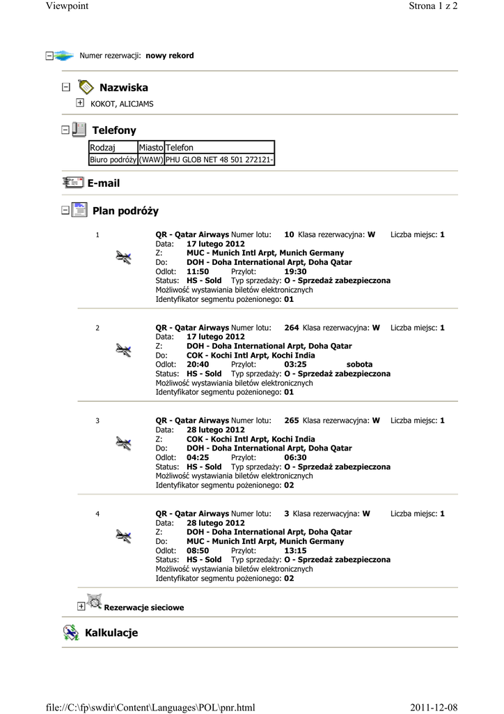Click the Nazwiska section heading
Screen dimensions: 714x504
click(x=123, y=88)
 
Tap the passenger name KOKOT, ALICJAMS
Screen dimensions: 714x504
click(x=122, y=104)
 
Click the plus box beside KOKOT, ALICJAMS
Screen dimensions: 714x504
click(x=80, y=103)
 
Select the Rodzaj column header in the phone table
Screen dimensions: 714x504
click(x=103, y=147)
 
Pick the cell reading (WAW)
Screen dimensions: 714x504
click(x=150, y=160)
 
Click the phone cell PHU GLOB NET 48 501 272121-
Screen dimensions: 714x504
click(x=219, y=160)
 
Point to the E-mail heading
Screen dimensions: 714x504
click(x=103, y=183)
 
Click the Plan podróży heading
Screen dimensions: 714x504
click(x=125, y=211)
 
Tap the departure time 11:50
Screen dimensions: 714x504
click(x=198, y=271)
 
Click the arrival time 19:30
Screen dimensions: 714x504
click(x=296, y=271)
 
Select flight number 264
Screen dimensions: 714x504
click(x=292, y=327)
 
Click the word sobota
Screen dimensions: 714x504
click(x=359, y=364)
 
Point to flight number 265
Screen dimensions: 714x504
click(x=292, y=420)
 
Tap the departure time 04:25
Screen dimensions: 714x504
click(x=198, y=457)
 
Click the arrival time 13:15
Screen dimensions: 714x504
click(x=296, y=550)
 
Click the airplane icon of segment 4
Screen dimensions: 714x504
click(x=123, y=536)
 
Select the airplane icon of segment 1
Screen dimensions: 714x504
click(x=123, y=258)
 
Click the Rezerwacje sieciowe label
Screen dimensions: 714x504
click(x=144, y=608)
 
